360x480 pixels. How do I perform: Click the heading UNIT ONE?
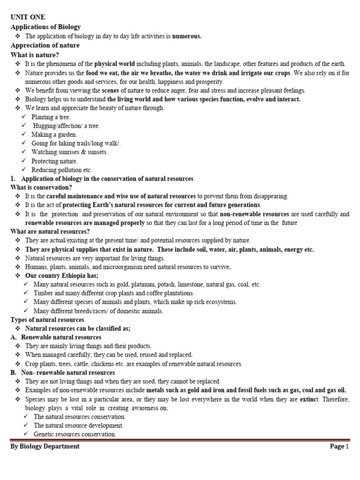tap(28, 17)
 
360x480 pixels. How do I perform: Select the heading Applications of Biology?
tap(45, 27)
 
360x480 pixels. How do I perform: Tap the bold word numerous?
tap(187, 36)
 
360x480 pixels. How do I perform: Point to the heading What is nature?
tap(34, 55)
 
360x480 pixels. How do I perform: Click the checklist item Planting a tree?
tap(51, 117)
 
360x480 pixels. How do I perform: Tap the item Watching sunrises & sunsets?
tap(69, 152)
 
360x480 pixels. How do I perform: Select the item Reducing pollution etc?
tap(62, 170)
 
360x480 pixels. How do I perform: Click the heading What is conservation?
tap(41, 187)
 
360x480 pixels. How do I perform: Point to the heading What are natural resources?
tap(50, 232)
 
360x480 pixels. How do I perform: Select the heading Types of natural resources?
tap(47, 320)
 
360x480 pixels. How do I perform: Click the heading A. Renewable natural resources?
tap(56, 337)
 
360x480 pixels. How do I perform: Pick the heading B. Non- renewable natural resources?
tap(62, 373)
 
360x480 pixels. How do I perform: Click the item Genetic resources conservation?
tap(75, 435)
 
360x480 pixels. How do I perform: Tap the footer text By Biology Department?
tap(45, 447)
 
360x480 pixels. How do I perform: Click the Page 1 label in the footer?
tap(339, 447)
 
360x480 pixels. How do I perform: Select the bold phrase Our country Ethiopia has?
tap(61, 276)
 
